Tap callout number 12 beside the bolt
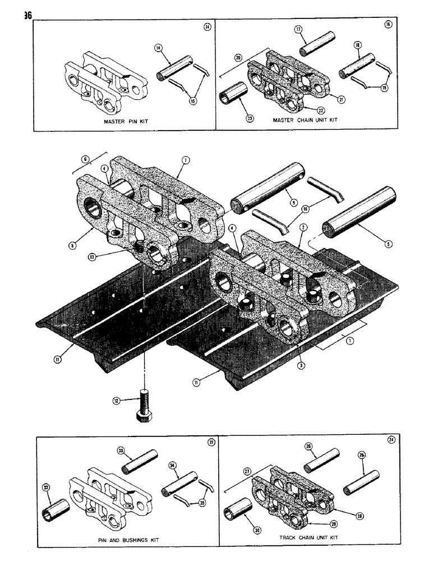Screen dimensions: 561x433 point(117,401)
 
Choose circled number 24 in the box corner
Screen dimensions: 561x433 point(390,440)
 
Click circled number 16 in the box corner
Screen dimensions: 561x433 point(388,25)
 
